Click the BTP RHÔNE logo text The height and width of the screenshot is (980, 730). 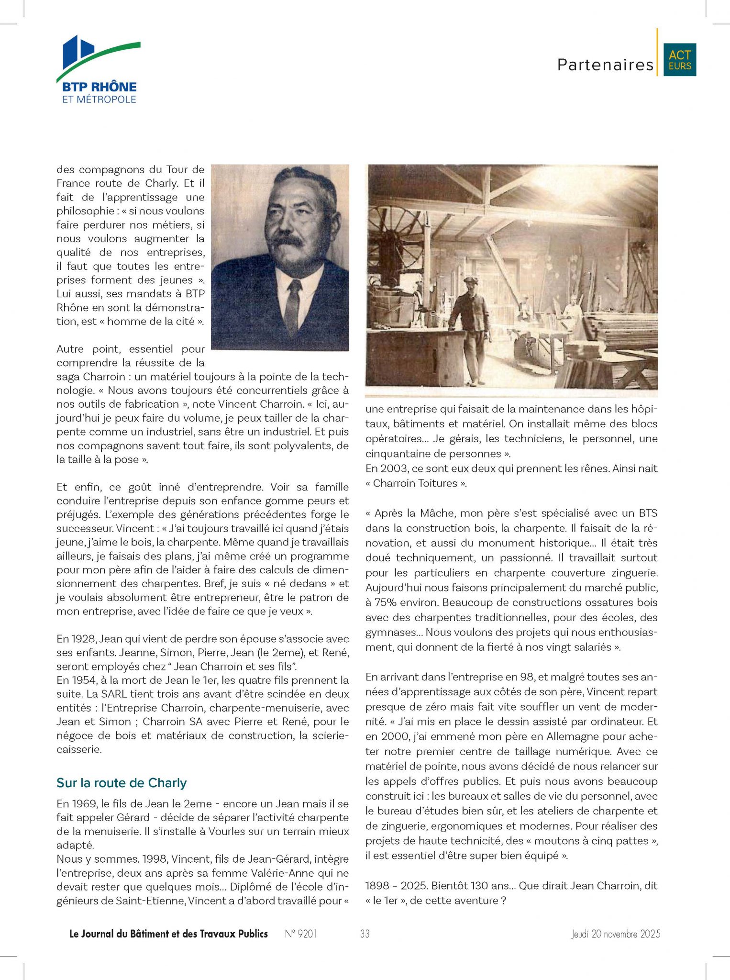100,87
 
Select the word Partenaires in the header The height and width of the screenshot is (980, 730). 605,65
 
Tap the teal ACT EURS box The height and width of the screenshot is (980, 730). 679,60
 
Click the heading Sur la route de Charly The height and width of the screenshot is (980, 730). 122,783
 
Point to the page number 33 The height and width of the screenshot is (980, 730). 365,934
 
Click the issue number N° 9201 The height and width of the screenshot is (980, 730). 301,934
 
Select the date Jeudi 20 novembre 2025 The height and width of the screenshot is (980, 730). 616,934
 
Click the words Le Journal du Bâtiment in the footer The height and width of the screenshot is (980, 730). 124,934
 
